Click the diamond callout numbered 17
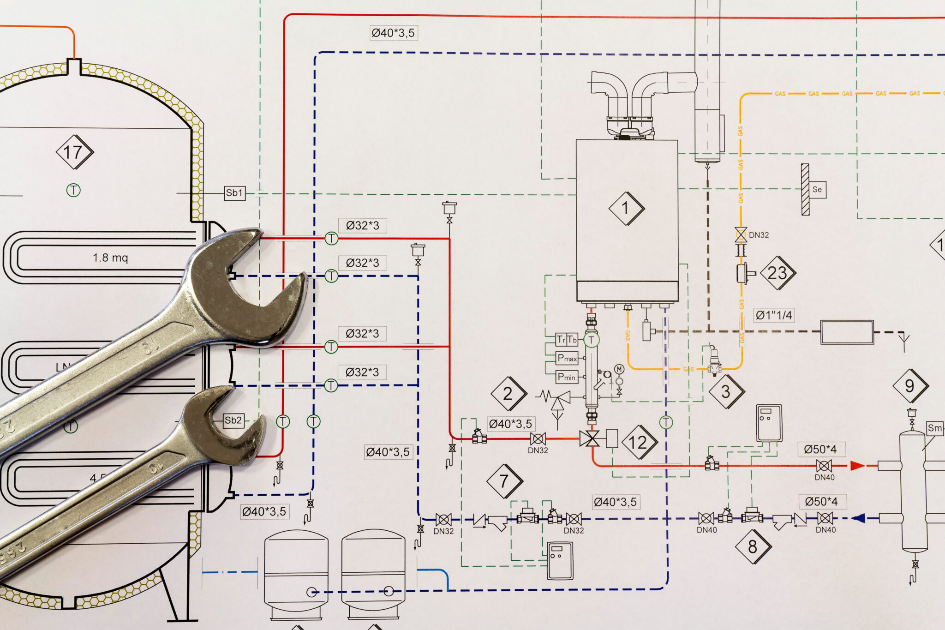pyautogui.click(x=74, y=152)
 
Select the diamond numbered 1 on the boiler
pyautogui.click(x=626, y=208)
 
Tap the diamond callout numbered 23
pyautogui.click(x=778, y=273)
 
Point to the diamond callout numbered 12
pyautogui.click(x=638, y=442)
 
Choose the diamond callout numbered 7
pyautogui.click(x=504, y=481)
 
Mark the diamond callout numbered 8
pyautogui.click(x=753, y=546)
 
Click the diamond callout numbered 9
pyautogui.click(x=909, y=385)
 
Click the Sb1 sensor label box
pyautogui.click(x=234, y=193)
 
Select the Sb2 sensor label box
pyautogui.click(x=233, y=420)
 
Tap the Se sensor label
pyautogui.click(x=817, y=189)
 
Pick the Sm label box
pyautogui.click(x=935, y=428)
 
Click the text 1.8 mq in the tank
pyautogui.click(x=110, y=258)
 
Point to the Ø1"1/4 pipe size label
pyautogui.click(x=774, y=315)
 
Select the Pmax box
pyautogui.click(x=567, y=358)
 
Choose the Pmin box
pyautogui.click(x=567, y=377)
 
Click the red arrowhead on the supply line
pyautogui.click(x=857, y=466)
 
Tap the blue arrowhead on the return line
pyautogui.click(x=858, y=518)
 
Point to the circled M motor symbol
pyautogui.click(x=619, y=369)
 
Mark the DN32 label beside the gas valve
pyautogui.click(x=759, y=235)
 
